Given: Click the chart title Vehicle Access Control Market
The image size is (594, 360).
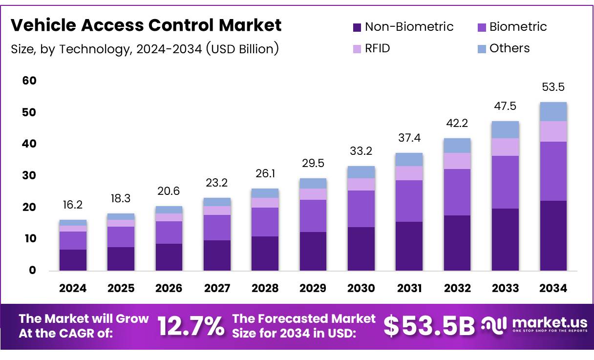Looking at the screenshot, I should (146, 25).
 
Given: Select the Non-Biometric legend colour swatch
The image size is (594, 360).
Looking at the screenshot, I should (357, 27).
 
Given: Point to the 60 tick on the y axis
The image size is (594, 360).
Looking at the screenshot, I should (29, 81).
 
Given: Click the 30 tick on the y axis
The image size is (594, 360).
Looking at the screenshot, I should (29, 175).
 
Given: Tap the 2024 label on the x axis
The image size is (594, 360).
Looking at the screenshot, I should (73, 288).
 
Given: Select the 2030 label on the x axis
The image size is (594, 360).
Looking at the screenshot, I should (361, 288).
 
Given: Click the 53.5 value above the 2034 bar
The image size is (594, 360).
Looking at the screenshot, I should (553, 87).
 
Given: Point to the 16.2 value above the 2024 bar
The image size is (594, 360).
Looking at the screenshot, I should (73, 205).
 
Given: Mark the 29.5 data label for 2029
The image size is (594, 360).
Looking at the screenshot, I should (313, 163).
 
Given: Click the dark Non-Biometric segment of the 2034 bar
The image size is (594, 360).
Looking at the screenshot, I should (553, 235).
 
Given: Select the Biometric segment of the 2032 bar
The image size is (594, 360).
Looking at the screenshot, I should (457, 192).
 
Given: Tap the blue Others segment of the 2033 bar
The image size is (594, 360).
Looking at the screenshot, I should (505, 129).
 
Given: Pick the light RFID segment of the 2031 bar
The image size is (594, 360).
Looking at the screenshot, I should (409, 173).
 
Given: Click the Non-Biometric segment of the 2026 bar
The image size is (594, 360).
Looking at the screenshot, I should (169, 257).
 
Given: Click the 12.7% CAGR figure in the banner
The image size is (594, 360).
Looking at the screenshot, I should (191, 326).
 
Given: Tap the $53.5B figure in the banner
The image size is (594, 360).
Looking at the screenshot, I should (428, 326).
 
